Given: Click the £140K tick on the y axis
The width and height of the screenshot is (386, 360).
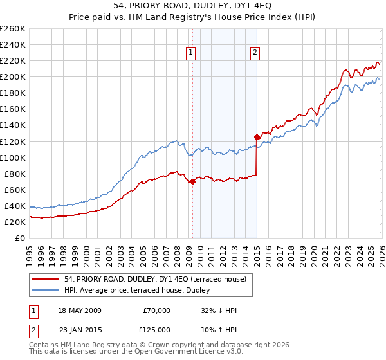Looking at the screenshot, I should [13, 125].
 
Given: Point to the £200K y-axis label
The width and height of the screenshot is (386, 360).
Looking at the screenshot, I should [13, 77].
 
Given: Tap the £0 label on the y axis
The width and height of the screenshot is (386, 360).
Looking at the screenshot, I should [19, 238].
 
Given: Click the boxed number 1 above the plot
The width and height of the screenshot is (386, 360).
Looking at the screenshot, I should [192, 53].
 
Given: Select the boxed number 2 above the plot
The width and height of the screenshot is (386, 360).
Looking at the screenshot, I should [255, 53].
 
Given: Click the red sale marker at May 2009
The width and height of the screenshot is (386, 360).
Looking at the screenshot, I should [192, 182].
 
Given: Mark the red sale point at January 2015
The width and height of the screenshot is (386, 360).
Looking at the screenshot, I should [257, 137].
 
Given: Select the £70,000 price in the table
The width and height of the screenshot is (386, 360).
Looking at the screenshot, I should [156, 310].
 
